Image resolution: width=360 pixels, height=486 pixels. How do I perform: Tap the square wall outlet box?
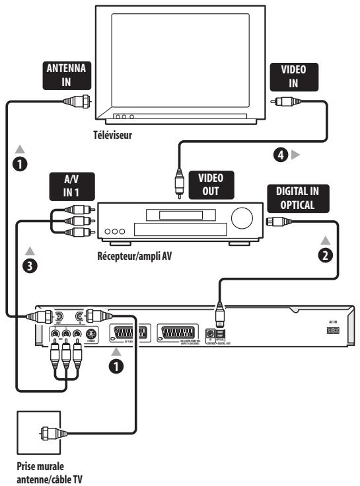(40, 435)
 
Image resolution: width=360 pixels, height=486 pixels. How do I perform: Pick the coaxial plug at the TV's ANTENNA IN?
(73, 102)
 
